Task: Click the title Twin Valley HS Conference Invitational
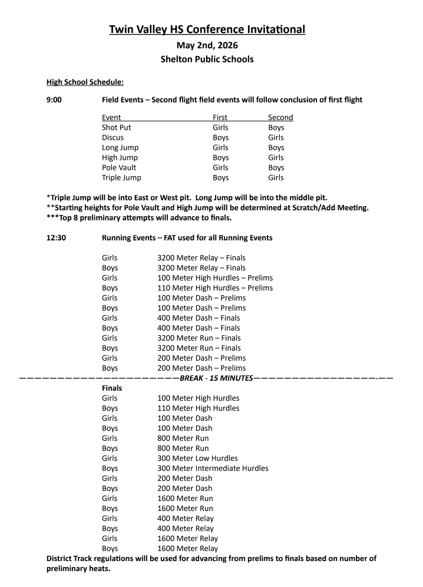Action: pyautogui.click(x=207, y=29)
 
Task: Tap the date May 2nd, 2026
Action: pyautogui.click(x=207, y=46)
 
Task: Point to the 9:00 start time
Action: pyautogui.click(x=55, y=100)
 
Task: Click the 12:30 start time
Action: pyautogui.click(x=56, y=238)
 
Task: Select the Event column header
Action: pyautogui.click(x=111, y=117)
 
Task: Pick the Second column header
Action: pyautogui.click(x=280, y=117)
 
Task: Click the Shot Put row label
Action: pyautogui.click(x=117, y=127)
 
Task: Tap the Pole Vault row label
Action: pyautogui.click(x=118, y=167)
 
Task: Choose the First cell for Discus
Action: pyautogui.click(x=220, y=137)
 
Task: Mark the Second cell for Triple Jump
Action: pyautogui.click(x=276, y=177)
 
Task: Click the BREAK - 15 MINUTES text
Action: pyautogui.click(x=216, y=378)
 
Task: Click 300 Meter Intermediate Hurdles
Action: pyautogui.click(x=213, y=468)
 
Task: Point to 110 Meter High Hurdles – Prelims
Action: pyautogui.click(x=215, y=288)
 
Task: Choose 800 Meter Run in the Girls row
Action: pyautogui.click(x=183, y=438)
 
